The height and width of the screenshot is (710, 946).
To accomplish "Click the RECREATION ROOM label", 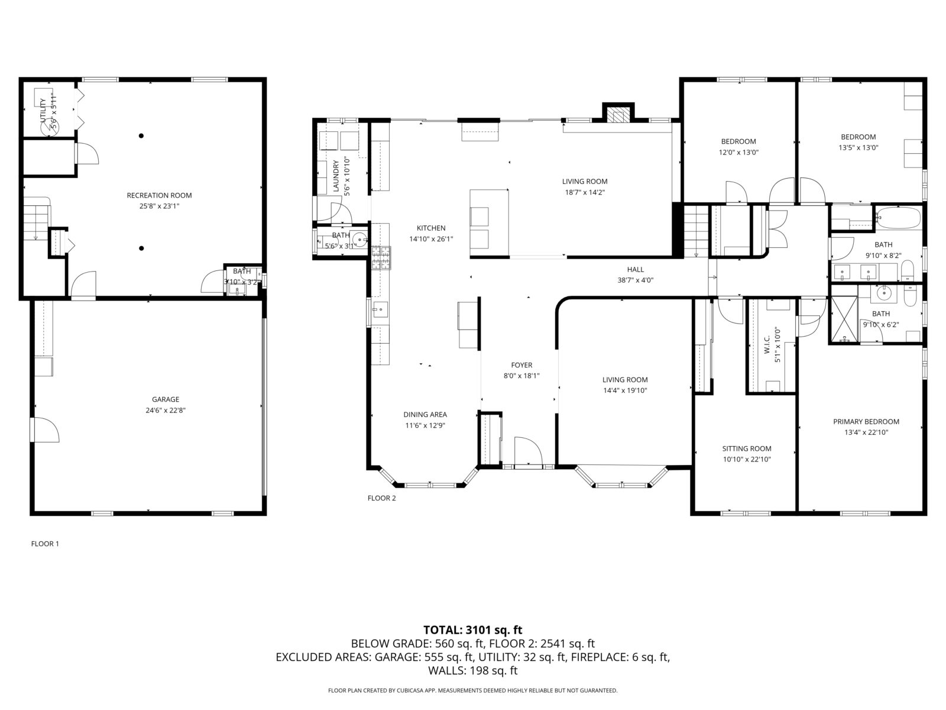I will [x=159, y=195].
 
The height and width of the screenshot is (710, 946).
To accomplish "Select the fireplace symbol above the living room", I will [x=618, y=114].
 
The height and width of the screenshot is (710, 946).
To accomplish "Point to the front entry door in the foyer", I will [x=528, y=453].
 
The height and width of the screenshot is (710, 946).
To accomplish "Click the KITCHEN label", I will [x=431, y=228].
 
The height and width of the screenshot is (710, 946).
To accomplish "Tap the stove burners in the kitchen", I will [x=380, y=257].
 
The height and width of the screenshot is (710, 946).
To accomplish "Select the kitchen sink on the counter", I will [x=380, y=308].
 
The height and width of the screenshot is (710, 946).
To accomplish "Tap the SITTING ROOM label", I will [x=746, y=448].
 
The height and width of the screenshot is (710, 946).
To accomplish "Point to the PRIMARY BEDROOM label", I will [x=866, y=422].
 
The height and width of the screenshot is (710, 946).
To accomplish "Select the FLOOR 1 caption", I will [x=45, y=544].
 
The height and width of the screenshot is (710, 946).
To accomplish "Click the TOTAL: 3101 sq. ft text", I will [x=472, y=630].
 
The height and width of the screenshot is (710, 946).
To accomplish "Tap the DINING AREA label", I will [x=425, y=415].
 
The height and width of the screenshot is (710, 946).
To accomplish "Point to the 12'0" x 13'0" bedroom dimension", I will [x=738, y=152].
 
